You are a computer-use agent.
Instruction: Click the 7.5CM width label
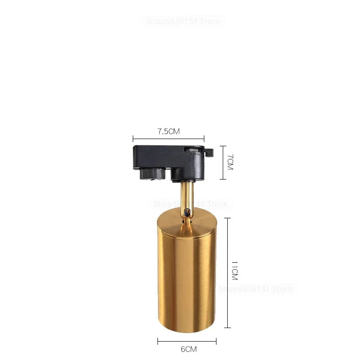(x=168, y=131)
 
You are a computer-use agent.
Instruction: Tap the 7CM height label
(x=229, y=162)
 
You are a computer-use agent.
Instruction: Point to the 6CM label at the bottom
(x=189, y=349)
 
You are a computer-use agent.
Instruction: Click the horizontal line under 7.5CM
(x=168, y=139)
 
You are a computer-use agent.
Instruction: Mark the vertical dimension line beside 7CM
(x=222, y=162)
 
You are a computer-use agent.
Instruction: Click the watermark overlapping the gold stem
(x=191, y=204)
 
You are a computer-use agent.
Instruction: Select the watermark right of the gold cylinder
(x=255, y=288)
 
